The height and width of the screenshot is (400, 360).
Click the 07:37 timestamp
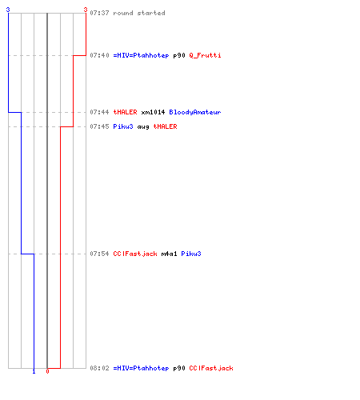[99, 13]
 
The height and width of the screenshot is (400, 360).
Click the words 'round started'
[139, 13]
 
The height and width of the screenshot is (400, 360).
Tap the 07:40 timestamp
[99, 55]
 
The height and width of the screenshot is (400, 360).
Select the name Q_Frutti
[205, 55]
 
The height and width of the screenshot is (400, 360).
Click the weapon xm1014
[153, 112]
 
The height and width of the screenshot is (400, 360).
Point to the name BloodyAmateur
[195, 112]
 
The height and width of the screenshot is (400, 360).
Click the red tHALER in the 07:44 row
[125, 112]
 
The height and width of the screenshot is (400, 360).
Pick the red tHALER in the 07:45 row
[165, 126]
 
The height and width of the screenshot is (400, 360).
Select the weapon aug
[143, 127]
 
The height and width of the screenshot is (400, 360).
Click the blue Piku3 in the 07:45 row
[123, 126]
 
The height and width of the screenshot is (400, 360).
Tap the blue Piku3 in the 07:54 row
[191, 254]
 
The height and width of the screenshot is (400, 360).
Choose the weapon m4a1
[169, 254]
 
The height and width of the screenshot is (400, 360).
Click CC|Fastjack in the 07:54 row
[135, 254]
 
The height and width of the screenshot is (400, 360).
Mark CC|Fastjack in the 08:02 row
[211, 368]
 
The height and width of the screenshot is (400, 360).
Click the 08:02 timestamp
[99, 368]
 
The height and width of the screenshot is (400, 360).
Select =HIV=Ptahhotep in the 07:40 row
[141, 55]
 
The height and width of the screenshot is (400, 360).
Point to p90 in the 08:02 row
[179, 368]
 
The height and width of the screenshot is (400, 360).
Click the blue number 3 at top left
[8, 10]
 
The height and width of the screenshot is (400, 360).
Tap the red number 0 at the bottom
[47, 371]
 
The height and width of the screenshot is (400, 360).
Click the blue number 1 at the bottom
[34, 371]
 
